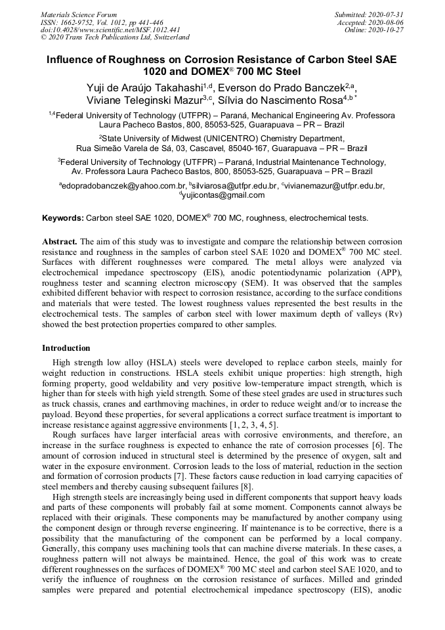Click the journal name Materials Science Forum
click(x=79, y=14)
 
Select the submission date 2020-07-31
click(x=387, y=14)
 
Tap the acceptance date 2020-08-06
click(x=387, y=22)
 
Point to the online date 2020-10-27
click(x=387, y=30)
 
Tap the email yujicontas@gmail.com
click(x=224, y=195)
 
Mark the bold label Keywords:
click(x=63, y=217)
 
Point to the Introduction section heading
click(x=66, y=348)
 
